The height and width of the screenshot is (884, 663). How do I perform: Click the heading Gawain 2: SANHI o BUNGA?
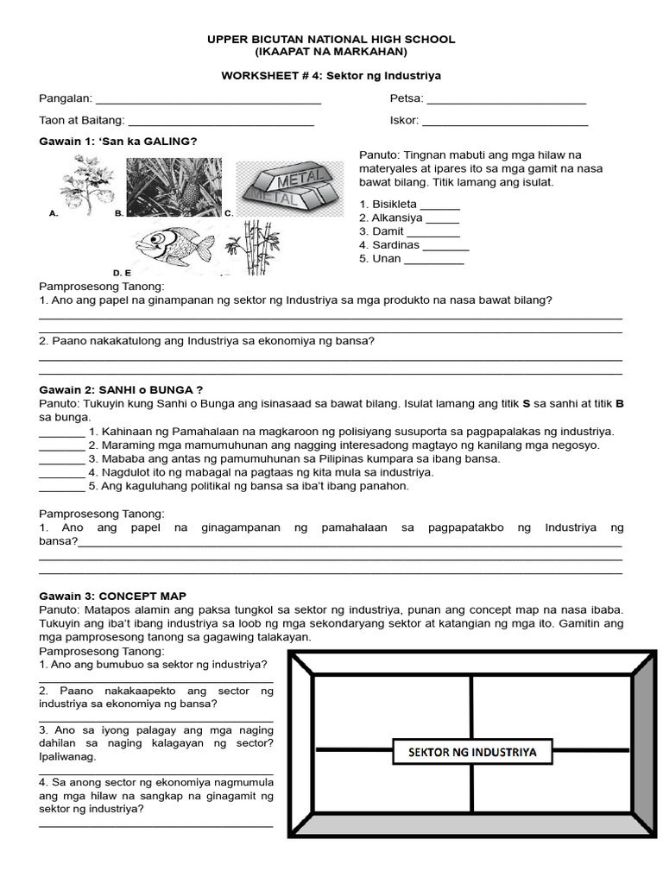(121, 390)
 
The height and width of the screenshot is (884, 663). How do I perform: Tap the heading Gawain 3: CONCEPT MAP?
(112, 597)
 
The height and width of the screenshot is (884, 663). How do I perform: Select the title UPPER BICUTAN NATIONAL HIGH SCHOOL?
(331, 40)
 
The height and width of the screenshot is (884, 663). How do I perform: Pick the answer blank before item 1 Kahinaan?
(61, 432)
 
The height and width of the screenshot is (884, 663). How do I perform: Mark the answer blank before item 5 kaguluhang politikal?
(61, 486)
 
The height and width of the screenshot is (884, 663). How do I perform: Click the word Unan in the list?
(387, 259)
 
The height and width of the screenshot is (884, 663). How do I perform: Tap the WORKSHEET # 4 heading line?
(331, 76)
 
